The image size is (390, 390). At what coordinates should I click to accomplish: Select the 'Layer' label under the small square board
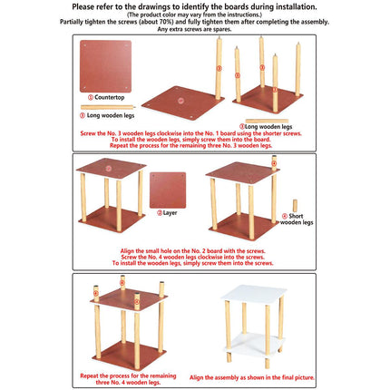coord(169,213)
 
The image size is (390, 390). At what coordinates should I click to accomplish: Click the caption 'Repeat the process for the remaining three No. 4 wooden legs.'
coord(129,376)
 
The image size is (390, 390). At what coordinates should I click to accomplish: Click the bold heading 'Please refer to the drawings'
coord(195,6)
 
